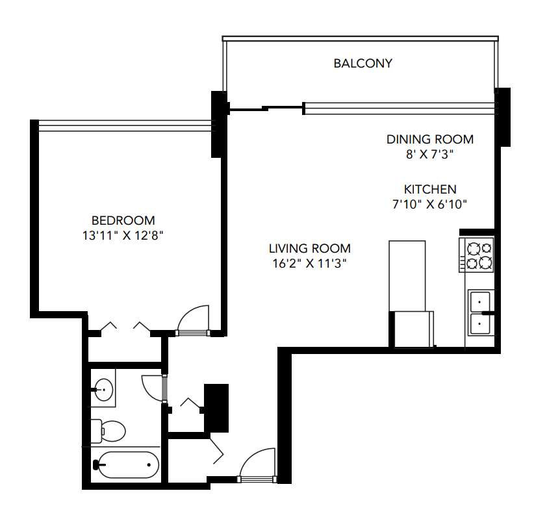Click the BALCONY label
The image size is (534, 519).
tap(362, 63)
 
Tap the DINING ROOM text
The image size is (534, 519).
tap(429, 139)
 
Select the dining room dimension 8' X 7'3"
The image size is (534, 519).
tap(429, 155)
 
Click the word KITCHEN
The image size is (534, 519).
tap(430, 190)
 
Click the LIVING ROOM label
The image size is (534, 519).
tap(310, 248)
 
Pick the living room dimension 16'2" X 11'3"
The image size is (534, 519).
tap(310, 264)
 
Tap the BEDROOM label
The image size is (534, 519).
tap(123, 220)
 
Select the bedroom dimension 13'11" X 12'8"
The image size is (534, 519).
tap(123, 236)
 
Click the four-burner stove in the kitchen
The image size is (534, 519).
tap(478, 255)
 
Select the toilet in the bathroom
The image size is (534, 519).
tap(109, 429)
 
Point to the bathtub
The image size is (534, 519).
tap(127, 464)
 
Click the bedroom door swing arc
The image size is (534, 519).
tap(193, 318)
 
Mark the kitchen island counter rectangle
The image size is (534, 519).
tap(407, 275)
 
